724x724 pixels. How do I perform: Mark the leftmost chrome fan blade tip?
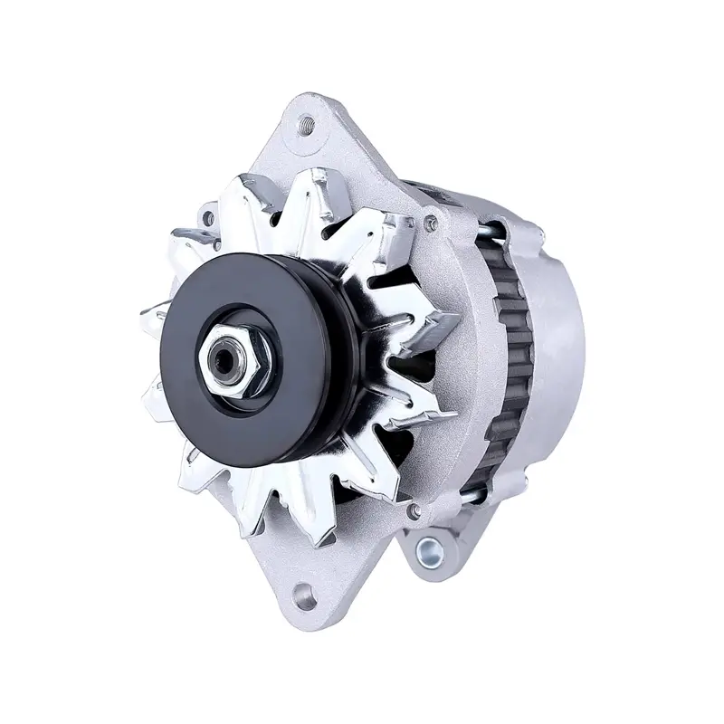point(149,317)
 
